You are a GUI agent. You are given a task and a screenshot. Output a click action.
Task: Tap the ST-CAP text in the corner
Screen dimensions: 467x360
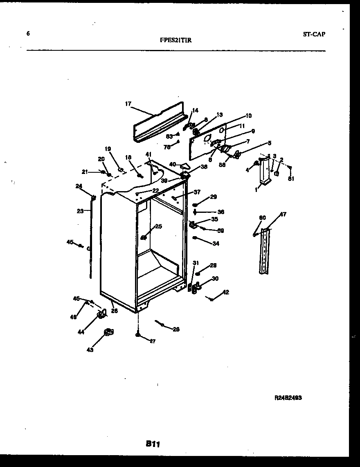pos(314,34)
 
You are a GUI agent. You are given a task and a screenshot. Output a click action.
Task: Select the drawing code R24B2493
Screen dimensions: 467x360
pos(288,397)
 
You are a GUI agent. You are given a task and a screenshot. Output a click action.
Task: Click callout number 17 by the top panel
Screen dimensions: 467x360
pos(128,104)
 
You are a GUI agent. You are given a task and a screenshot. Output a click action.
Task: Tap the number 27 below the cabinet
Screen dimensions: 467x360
pos(152,341)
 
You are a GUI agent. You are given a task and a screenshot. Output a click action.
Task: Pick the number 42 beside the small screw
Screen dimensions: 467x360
pos(225,292)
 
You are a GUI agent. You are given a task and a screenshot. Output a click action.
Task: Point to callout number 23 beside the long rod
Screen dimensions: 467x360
pos(80,211)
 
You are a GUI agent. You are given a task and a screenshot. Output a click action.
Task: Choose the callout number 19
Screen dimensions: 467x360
pos(108,149)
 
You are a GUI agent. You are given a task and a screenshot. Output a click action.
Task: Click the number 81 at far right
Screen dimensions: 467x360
pos(290,178)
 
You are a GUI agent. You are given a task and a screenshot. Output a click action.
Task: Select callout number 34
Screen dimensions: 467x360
pos(216,244)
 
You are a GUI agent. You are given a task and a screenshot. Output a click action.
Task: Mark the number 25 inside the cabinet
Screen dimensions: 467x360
pos(158,226)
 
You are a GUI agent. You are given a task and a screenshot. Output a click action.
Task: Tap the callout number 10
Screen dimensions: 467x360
pos(249,116)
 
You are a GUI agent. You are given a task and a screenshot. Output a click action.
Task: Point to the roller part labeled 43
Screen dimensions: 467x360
pos(108,332)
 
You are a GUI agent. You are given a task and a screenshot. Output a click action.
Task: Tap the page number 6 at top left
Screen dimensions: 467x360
pos(28,34)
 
